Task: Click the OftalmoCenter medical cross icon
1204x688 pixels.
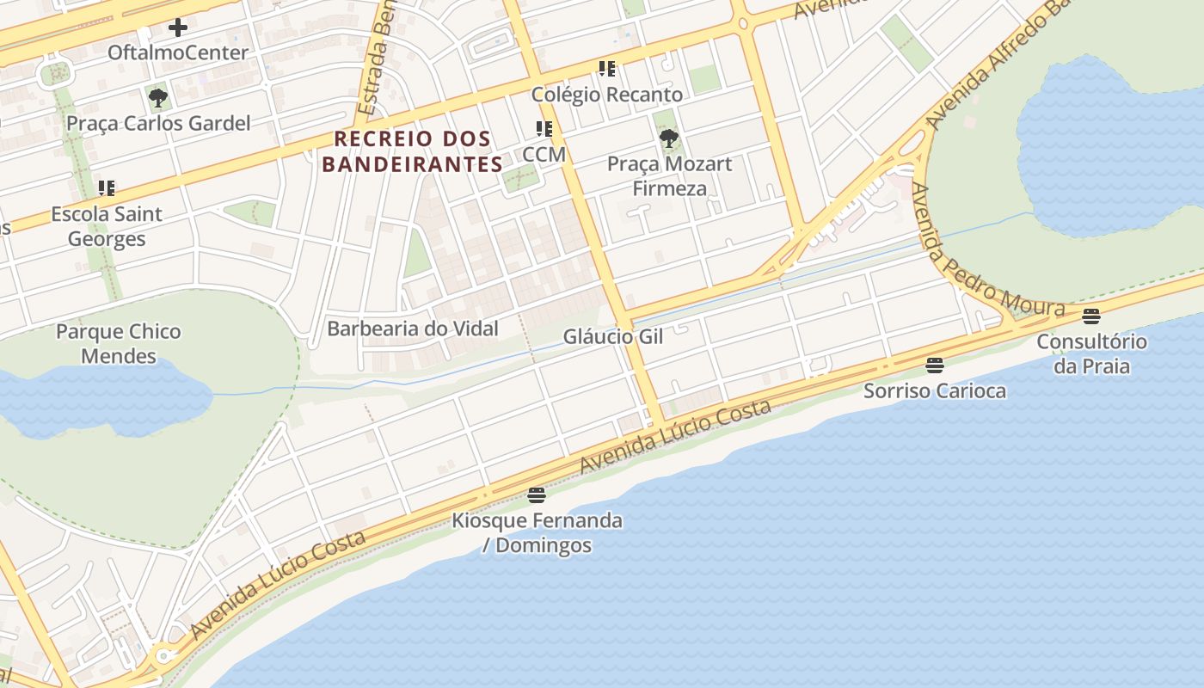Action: point(178,28)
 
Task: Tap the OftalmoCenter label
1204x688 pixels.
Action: point(178,52)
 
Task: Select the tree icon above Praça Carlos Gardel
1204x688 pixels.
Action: point(157,98)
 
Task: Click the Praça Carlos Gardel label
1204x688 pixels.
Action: point(158,123)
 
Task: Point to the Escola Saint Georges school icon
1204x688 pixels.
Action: point(107,188)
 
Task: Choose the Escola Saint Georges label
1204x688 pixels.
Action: point(107,226)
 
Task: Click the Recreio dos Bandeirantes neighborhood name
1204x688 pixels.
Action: point(413,151)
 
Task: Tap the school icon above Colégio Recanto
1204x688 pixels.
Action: point(607,69)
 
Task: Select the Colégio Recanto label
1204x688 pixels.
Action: point(607,94)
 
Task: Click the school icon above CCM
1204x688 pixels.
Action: point(544,129)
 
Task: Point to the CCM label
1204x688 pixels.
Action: point(544,154)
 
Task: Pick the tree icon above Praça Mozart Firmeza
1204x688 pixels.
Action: point(668,138)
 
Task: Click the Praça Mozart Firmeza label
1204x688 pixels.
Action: point(669,175)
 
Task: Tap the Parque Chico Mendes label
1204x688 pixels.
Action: point(119,344)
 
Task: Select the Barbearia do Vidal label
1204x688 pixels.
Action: point(413,329)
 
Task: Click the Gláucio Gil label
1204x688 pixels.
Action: point(613,336)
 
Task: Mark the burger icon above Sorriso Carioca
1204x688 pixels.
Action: point(935,365)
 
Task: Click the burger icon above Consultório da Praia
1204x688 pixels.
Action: point(1091,316)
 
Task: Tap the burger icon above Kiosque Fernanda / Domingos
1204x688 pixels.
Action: point(537,494)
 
